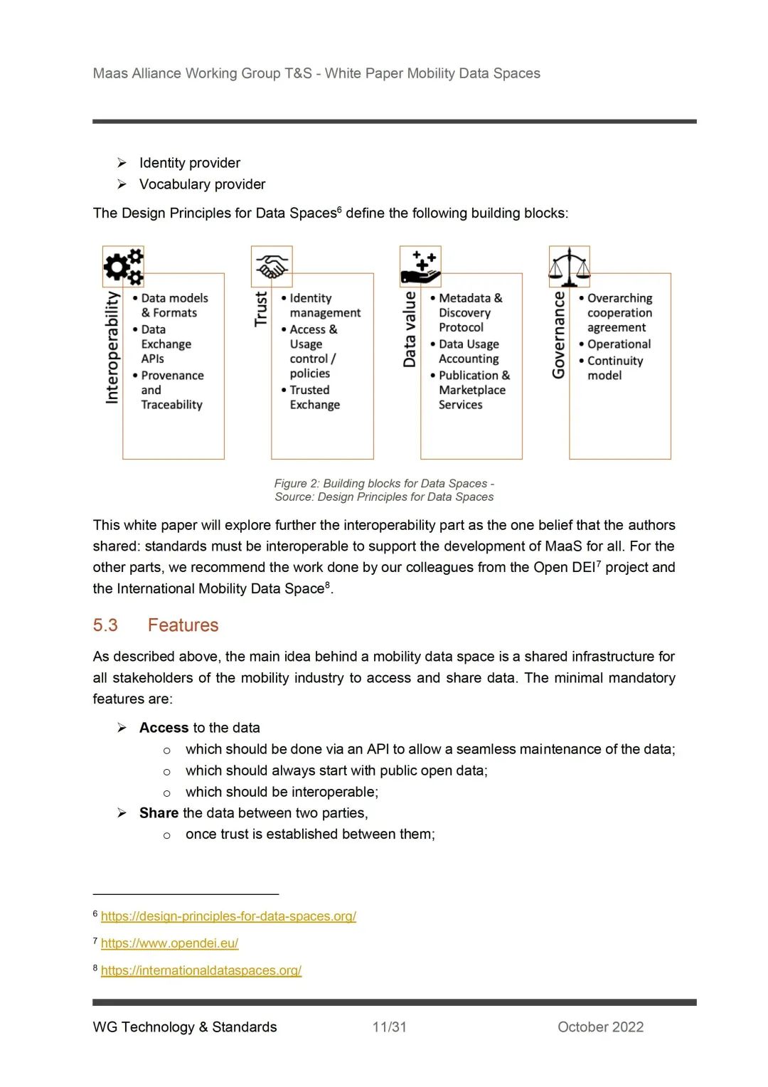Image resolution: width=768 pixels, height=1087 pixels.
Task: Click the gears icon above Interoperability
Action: (124, 266)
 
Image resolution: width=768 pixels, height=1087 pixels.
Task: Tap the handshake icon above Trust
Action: (272, 267)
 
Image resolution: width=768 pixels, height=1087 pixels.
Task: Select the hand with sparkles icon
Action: (421, 267)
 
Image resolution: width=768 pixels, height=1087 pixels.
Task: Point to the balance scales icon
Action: (570, 267)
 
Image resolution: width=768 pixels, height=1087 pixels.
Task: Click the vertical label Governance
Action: (559, 334)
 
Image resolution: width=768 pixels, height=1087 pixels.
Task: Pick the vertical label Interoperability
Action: (112, 347)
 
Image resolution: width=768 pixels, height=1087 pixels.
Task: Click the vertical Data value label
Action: (410, 329)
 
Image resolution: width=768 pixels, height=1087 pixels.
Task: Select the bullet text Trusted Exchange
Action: (314, 397)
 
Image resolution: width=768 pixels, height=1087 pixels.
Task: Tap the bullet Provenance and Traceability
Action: (171, 390)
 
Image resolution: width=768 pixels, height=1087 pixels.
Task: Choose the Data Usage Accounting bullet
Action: (468, 351)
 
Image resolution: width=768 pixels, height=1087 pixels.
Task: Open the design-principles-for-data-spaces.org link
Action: (228, 916)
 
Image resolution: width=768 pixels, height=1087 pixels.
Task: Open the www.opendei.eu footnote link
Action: (169, 943)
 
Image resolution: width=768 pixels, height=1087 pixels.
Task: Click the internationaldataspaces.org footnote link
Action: (201, 970)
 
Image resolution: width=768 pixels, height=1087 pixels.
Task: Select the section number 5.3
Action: (105, 625)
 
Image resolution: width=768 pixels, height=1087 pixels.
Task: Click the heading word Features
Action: (183, 625)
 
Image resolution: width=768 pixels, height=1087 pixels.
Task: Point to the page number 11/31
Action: (390, 1027)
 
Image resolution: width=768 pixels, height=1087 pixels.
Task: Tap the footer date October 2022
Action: (600, 1027)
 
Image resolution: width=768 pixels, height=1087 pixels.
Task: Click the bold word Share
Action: (159, 813)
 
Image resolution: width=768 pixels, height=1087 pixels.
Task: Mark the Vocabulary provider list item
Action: (202, 184)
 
